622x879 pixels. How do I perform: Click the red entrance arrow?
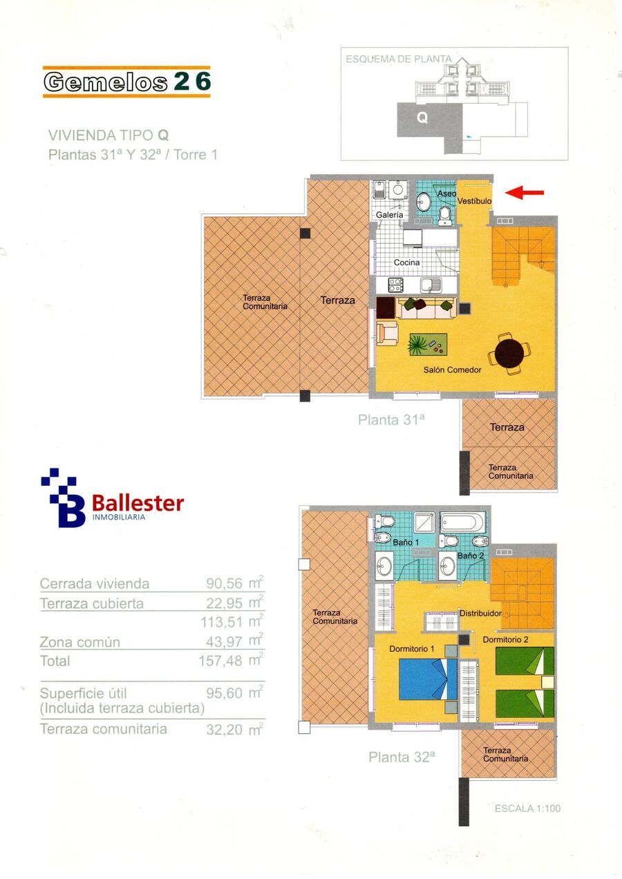tap(525, 192)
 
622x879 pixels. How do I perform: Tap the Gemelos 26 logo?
tap(126, 82)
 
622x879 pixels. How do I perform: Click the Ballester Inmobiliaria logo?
tap(112, 498)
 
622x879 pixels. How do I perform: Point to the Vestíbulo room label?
tap(474, 201)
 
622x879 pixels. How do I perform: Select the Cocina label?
tap(406, 262)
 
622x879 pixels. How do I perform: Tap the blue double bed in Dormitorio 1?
tap(428, 679)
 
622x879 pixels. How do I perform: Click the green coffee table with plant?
tap(428, 345)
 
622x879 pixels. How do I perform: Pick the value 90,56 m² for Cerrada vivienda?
tap(234, 583)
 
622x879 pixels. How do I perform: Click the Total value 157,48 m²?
tap(231, 661)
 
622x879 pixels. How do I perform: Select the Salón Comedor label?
tap(452, 370)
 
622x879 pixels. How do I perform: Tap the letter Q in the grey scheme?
tap(422, 117)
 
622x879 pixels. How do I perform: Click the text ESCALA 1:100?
tap(527, 809)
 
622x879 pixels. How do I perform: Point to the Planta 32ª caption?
tap(402, 757)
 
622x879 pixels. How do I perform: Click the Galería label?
tap(389, 215)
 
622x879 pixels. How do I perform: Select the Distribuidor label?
tap(480, 613)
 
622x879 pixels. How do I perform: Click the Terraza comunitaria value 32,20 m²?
tap(234, 730)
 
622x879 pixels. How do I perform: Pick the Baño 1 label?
tap(406, 542)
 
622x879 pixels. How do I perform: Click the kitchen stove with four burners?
tap(395, 285)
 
